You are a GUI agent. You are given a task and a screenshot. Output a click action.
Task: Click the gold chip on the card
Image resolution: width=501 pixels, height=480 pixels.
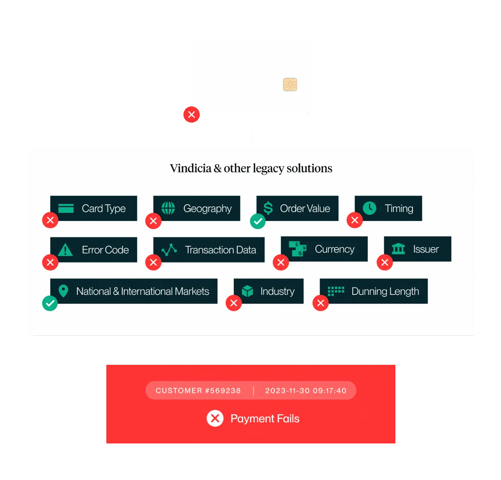pos(289,85)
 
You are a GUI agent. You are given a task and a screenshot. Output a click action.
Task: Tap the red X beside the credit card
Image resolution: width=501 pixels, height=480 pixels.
pos(191,114)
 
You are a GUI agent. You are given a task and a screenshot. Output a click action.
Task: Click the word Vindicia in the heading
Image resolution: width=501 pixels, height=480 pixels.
pos(191,168)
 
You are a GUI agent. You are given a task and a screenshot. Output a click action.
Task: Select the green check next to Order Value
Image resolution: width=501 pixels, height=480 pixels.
pos(257,221)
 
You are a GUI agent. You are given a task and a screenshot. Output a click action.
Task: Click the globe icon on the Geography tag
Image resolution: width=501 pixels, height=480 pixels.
pos(168,208)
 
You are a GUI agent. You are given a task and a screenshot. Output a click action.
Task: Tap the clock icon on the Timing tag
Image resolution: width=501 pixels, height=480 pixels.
pos(369,208)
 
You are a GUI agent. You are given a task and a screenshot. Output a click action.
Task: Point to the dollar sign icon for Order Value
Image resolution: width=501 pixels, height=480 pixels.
pos(268,208)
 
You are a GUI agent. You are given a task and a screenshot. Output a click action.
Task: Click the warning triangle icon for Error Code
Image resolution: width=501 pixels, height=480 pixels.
pos(65,249)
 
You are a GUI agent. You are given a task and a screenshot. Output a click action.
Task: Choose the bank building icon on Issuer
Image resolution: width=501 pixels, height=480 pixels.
pos(398,248)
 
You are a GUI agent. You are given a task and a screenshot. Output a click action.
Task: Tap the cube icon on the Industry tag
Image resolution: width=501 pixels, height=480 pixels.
pos(247,291)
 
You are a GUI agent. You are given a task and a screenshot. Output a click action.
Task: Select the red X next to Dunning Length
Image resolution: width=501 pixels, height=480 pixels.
pos(320,303)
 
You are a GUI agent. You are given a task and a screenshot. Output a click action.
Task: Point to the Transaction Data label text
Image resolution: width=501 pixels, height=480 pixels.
pos(220,250)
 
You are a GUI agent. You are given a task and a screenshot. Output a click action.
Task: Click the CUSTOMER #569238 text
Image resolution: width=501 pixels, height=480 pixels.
pos(198,390)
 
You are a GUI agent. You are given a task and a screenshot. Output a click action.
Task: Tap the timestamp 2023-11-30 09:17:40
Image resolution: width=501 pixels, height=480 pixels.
pos(306,390)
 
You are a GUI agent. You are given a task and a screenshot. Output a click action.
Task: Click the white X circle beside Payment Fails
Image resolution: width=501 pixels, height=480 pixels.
pos(215,418)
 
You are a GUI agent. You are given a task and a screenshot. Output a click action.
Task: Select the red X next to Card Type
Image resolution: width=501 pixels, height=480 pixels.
pos(50,220)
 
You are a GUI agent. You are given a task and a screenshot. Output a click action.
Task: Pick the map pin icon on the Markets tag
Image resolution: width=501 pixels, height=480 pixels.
pos(63,291)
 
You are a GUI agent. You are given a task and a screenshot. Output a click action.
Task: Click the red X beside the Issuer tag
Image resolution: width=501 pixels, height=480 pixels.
pos(384,262)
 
